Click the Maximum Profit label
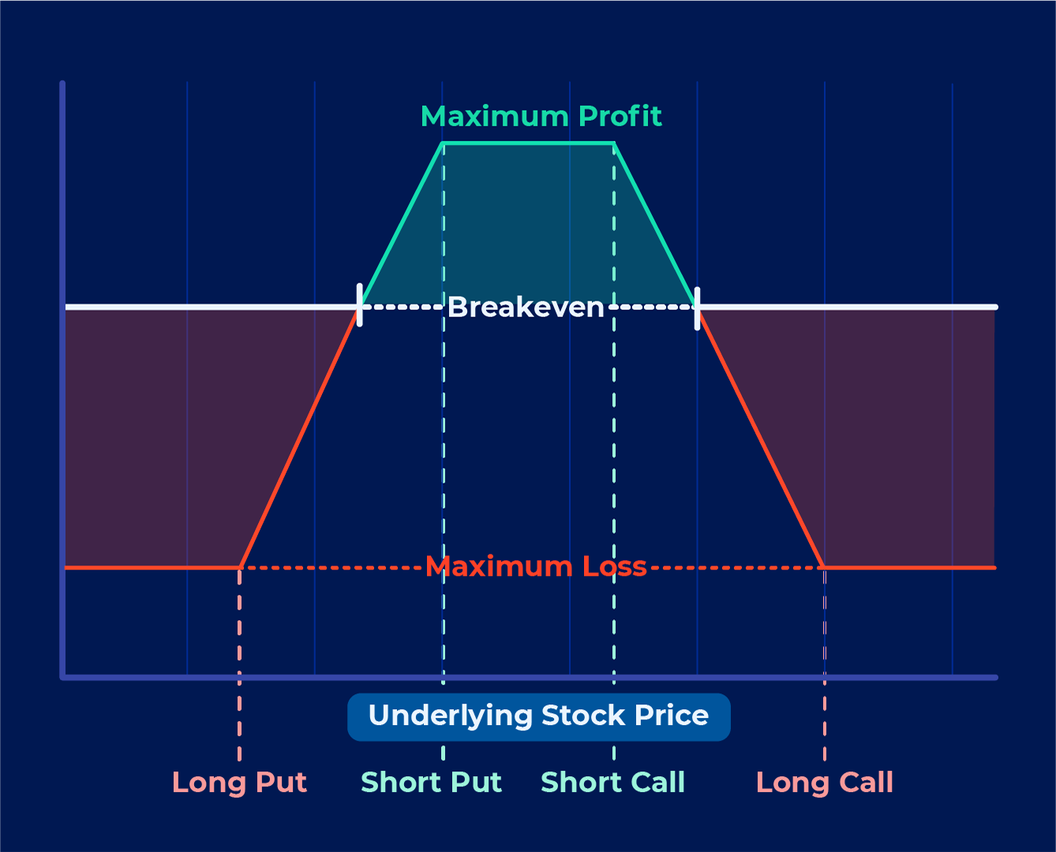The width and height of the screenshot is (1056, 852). point(541,116)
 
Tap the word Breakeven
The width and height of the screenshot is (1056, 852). point(526,308)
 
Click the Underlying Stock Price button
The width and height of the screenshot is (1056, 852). point(539,716)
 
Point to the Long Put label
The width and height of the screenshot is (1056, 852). point(239,783)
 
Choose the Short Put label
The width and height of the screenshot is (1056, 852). point(432,782)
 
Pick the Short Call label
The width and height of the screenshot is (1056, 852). point(612,782)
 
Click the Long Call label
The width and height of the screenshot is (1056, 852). point(825,783)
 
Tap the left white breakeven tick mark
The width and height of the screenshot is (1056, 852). point(359,305)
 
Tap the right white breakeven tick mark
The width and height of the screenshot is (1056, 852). point(697,308)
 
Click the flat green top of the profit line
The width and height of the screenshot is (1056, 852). point(529,144)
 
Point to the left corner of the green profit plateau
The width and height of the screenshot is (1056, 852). point(442,144)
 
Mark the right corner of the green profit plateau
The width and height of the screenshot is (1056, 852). point(615,144)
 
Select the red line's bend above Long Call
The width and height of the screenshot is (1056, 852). point(823,567)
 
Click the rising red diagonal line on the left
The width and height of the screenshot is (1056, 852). point(300,438)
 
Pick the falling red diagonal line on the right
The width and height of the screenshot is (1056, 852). point(760,438)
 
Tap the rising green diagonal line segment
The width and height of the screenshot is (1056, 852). point(402,224)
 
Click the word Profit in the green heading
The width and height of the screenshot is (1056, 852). point(620,116)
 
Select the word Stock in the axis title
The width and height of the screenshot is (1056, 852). point(583,716)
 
